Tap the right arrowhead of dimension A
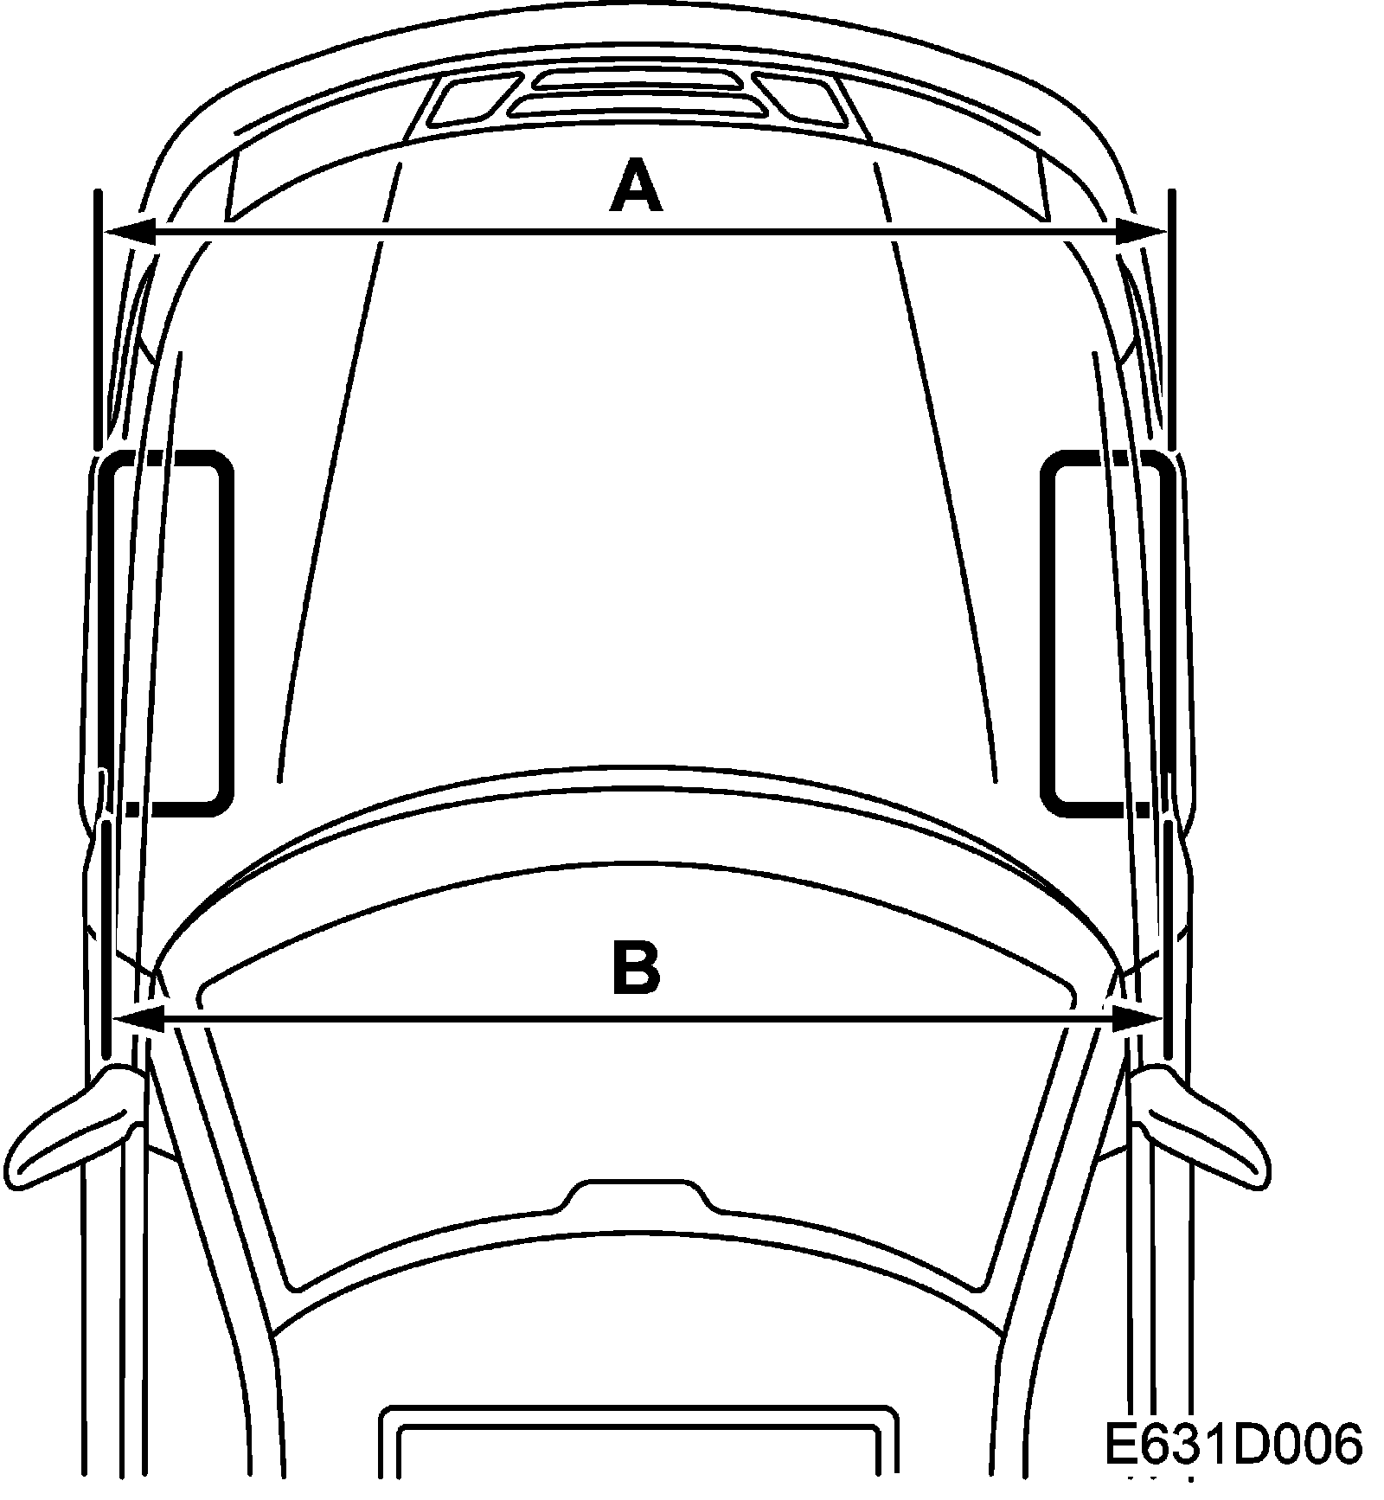click(1140, 231)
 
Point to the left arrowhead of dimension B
click(138, 1018)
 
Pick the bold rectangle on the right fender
click(1107, 632)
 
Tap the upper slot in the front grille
click(637, 80)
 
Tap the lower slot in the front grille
click(637, 105)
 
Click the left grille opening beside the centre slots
click(473, 100)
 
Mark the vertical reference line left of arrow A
click(99, 320)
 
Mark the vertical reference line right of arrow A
click(1171, 320)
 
